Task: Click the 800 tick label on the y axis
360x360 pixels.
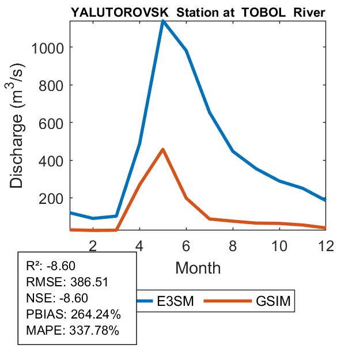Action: pos(50,85)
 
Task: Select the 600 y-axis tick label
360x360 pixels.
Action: pos(50,123)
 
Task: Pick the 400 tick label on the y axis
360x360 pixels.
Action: pos(50,160)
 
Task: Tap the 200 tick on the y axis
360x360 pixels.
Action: pos(50,198)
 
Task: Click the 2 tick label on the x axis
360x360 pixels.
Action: pos(93,245)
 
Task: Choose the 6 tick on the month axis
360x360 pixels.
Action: pos(186,245)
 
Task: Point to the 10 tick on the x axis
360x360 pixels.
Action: pos(279,245)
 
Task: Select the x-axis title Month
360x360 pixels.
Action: pos(198,268)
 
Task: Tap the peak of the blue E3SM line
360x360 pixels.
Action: pos(163,21)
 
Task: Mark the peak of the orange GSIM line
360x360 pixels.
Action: pos(163,149)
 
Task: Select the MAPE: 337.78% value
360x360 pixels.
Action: pos(73,331)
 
